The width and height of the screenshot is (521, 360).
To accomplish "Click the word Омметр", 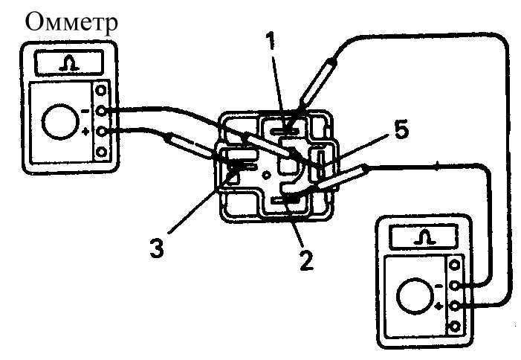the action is (x=71, y=22).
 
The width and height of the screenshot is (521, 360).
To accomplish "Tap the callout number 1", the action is (x=271, y=41).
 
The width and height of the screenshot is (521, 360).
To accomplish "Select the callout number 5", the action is (x=401, y=130).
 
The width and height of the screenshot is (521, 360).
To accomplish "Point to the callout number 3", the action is (x=157, y=248).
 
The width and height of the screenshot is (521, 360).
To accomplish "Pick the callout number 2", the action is (x=306, y=260).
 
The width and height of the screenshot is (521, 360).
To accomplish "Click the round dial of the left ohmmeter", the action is (x=59, y=122).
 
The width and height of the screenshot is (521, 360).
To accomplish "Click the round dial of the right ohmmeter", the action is (x=414, y=296).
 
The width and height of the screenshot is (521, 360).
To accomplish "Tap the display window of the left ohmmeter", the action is (x=69, y=62).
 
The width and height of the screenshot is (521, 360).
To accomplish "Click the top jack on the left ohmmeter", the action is (x=101, y=90).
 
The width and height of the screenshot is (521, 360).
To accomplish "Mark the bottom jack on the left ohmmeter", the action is (x=101, y=152).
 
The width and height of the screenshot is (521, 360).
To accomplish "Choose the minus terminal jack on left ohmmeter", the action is (x=101, y=111).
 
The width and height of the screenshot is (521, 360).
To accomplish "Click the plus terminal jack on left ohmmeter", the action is (x=101, y=132).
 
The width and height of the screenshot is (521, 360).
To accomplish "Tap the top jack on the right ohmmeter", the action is (x=454, y=266).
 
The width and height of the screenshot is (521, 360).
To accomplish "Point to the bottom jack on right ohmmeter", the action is (x=454, y=327).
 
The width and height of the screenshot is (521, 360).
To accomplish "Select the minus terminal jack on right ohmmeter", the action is (x=454, y=286).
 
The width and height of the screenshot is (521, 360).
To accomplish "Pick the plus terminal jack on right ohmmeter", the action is (x=454, y=306).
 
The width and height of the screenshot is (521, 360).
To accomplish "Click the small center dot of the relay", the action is (x=267, y=175).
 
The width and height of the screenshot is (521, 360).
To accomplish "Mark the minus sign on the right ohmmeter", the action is (x=439, y=286).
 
